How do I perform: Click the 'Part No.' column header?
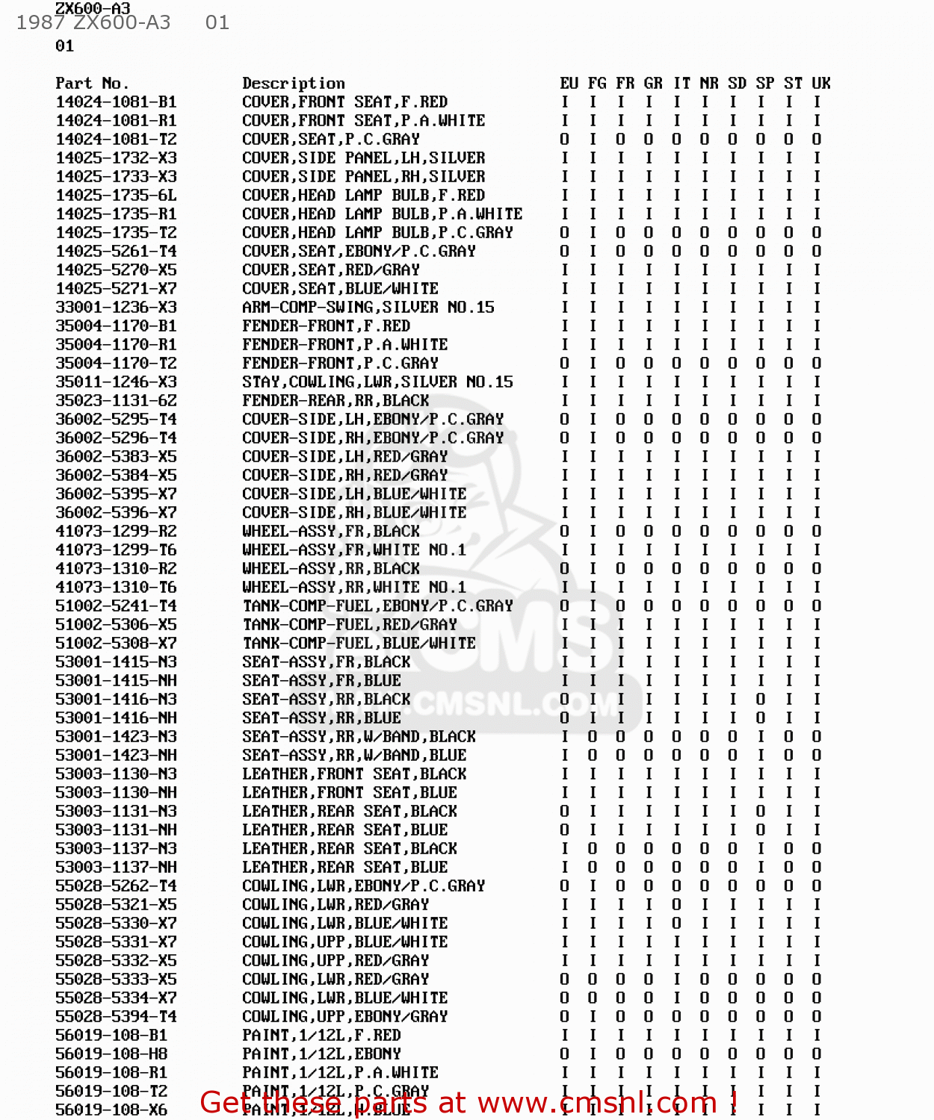(92, 83)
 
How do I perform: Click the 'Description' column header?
(294, 83)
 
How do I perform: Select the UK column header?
(821, 83)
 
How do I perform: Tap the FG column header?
(597, 83)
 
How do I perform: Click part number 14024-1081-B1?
(116, 102)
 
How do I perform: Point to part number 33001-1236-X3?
(116, 307)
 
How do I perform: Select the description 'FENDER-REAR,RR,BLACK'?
(335, 400)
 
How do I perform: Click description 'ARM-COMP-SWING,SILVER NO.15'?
(368, 307)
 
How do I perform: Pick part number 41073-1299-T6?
(116, 550)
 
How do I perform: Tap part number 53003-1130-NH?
(116, 792)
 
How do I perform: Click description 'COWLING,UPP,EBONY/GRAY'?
(344, 1016)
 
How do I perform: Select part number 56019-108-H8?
(111, 1054)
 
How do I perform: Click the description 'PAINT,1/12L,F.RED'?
(321, 1035)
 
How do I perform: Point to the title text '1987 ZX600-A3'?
(93, 22)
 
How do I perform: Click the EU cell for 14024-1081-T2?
(565, 139)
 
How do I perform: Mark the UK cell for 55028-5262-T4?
(817, 886)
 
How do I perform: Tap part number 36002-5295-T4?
(116, 419)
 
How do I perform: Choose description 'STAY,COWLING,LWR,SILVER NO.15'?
(377, 382)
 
